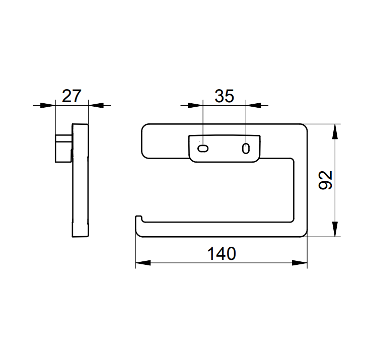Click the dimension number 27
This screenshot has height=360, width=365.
coord(71,96)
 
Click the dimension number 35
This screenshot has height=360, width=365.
coord(224,96)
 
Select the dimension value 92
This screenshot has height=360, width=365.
coord(325,180)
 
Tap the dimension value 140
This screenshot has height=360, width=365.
coord(222,254)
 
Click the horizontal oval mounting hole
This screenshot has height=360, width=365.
coord(203,149)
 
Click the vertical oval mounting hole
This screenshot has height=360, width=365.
coord(246,149)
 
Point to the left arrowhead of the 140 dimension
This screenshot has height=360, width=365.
coord(143,263)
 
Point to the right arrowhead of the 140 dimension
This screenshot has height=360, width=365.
coord(300,263)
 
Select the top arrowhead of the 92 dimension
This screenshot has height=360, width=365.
coord(335,131)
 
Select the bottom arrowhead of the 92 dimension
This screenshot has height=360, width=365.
coord(335,229)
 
